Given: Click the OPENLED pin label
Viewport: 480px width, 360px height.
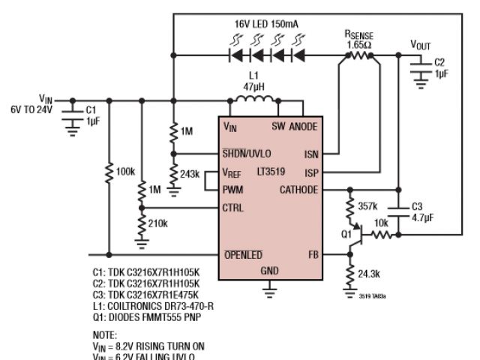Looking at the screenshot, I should point(243,255).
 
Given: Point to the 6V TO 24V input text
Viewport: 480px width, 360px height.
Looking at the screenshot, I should point(28,109).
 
